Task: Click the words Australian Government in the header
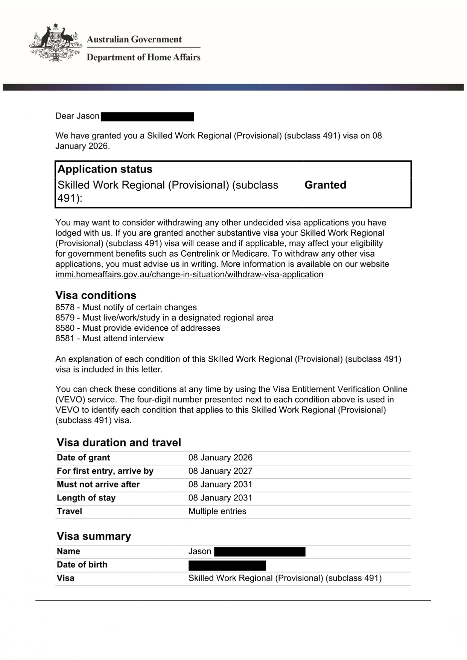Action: point(134,40)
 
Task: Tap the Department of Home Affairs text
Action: point(143,57)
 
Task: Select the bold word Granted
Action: point(325,185)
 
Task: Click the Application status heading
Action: point(105,169)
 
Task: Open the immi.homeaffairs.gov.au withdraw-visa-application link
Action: point(189,274)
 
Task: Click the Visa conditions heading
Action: point(96,295)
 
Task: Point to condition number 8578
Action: point(65,307)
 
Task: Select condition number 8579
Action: point(65,318)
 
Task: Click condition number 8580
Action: point(65,328)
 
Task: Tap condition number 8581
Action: point(65,338)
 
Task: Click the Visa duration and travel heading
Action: point(119,442)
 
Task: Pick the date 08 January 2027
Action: point(220,471)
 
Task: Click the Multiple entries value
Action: point(217,511)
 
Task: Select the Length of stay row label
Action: point(86,498)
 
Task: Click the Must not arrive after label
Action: point(98,484)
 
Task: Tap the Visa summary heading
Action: point(94,536)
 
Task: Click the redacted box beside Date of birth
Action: point(227,565)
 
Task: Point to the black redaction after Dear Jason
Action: point(147,116)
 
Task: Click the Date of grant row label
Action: point(83,458)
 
